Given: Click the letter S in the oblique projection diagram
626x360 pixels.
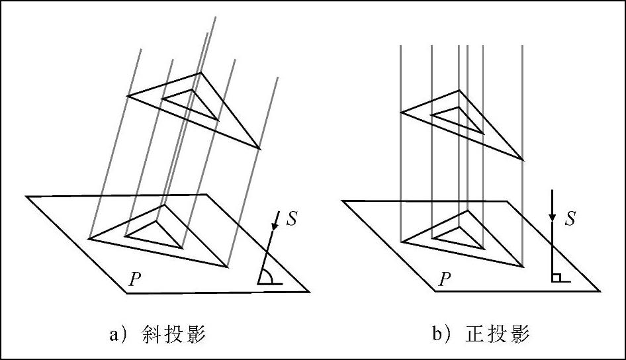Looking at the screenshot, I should pyautogui.click(x=291, y=219).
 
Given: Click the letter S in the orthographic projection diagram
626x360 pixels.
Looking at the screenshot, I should pyautogui.click(x=569, y=218).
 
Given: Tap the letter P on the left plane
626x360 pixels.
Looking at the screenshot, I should pyautogui.click(x=134, y=279).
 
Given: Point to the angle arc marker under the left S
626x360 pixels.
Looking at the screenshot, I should pyautogui.click(x=268, y=277).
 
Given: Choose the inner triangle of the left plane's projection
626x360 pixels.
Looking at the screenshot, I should pyautogui.click(x=154, y=234).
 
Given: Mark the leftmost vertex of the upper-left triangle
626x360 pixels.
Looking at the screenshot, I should pyautogui.click(x=128, y=95).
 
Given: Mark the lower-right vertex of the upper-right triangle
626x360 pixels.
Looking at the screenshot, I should pyautogui.click(x=523, y=159).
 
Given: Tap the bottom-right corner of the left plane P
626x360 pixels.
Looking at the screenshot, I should pyautogui.click(x=308, y=291).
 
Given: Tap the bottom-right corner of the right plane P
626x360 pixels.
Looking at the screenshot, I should pyautogui.click(x=600, y=291).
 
